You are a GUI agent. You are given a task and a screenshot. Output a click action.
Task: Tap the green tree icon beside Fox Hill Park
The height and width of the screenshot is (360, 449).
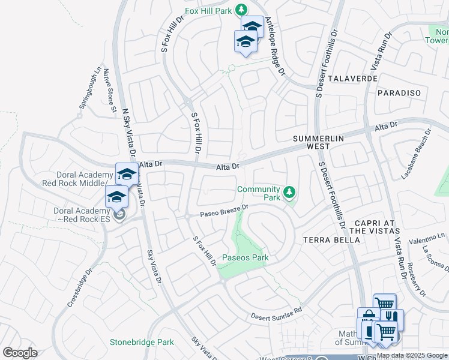coord(241,10)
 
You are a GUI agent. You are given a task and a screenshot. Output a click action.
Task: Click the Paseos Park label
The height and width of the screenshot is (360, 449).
coord(245,258)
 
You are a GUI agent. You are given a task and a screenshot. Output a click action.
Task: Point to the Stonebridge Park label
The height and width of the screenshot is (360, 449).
coord(142,343)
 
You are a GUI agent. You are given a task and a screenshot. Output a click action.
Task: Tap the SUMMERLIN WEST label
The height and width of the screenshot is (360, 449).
coord(318,142)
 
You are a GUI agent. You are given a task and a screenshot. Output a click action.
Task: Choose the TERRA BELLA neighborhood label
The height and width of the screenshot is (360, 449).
coord(331,239)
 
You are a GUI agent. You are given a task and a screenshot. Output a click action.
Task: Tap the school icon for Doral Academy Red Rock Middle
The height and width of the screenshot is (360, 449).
coord(127,175)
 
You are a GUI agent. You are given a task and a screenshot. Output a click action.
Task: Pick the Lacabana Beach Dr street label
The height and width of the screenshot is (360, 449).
coord(416,154)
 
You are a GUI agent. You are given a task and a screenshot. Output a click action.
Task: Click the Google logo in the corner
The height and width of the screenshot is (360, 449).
coord(20,353)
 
